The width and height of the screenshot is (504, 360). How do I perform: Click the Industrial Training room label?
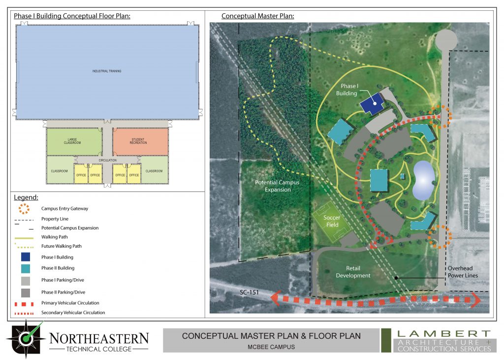click(x=106, y=71)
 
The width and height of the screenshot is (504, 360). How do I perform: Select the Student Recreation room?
click(x=140, y=141)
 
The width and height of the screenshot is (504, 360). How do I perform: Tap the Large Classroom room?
click(x=72, y=141)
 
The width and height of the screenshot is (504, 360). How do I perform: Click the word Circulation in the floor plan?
click(x=108, y=160)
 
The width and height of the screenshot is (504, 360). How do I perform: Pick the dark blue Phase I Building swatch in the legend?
click(x=26, y=257)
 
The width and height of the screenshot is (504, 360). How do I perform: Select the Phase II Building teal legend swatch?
click(x=26, y=268)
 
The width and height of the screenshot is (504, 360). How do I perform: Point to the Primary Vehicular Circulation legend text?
click(x=70, y=303)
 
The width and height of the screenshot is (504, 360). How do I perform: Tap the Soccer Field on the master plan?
click(x=332, y=221)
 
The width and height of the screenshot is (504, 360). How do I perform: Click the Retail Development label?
click(x=353, y=272)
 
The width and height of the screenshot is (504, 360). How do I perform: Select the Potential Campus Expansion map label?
click(x=277, y=186)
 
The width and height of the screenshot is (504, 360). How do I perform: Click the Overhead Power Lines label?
click(x=462, y=272)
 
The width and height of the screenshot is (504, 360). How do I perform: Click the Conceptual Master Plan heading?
click(x=257, y=16)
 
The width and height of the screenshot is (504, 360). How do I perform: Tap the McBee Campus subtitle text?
click(x=271, y=346)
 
